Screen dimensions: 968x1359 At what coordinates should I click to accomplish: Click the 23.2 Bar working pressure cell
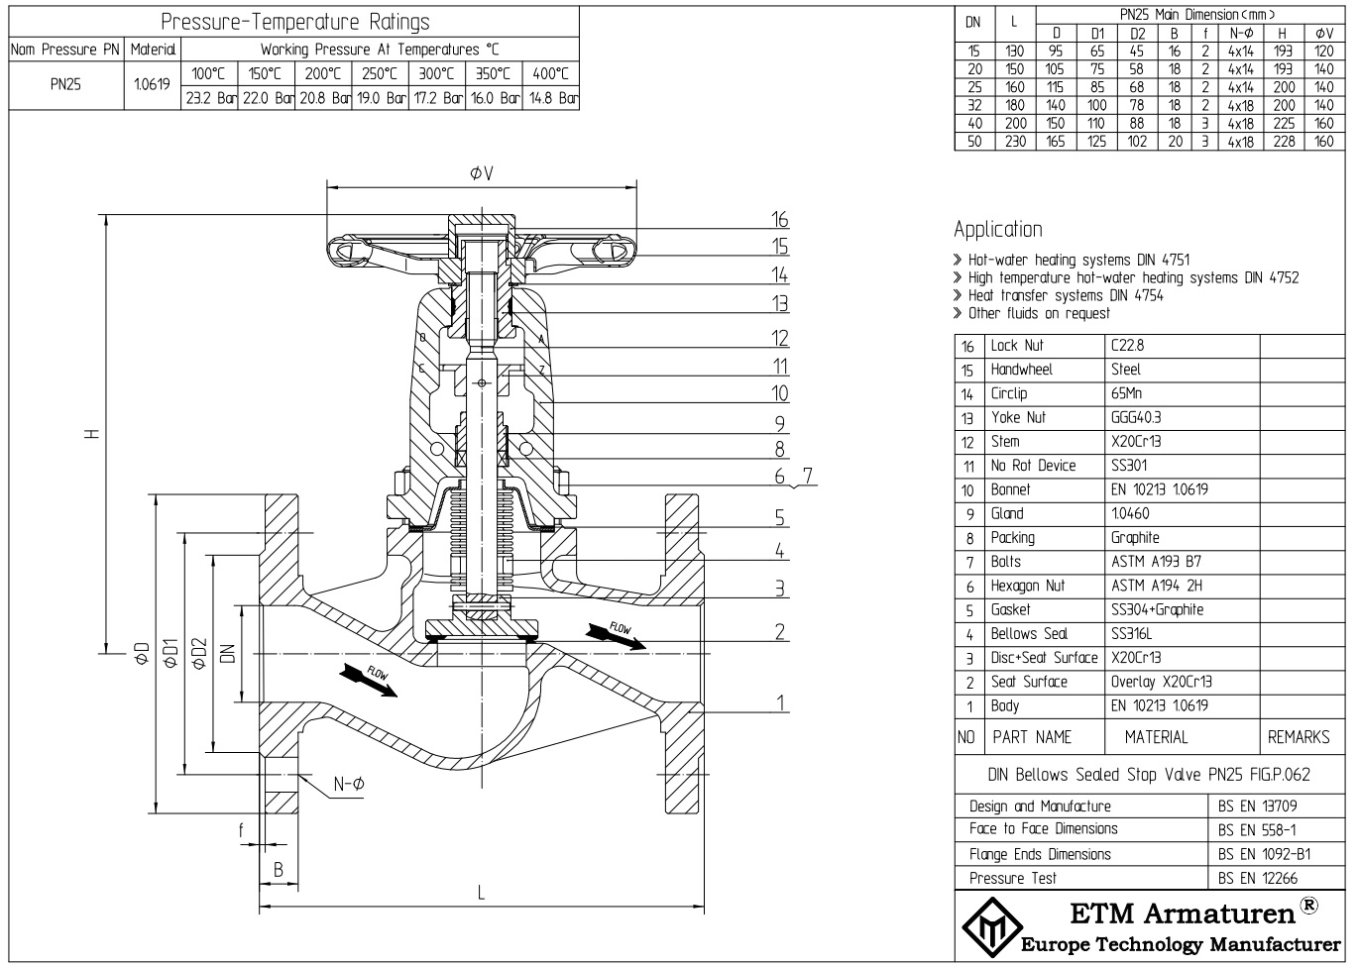(209, 98)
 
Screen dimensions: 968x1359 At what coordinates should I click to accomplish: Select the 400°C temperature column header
(550, 73)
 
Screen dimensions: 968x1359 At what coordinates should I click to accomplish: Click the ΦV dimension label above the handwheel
(482, 173)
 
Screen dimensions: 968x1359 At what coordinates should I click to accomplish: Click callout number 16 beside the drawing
(779, 220)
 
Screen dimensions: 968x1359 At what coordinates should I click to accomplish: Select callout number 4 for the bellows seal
(780, 551)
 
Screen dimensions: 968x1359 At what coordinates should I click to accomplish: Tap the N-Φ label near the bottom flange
(349, 784)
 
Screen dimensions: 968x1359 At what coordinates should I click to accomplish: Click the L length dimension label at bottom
(481, 894)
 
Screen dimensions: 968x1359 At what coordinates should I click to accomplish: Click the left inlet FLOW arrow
(368, 680)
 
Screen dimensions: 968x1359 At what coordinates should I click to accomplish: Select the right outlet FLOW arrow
(616, 635)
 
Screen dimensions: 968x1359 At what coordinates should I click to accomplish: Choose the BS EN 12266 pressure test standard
(1257, 878)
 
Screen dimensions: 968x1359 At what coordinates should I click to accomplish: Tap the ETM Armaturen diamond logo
(985, 927)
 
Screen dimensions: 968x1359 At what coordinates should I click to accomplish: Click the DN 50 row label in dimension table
(973, 142)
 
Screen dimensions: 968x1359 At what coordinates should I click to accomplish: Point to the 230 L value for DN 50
(1014, 142)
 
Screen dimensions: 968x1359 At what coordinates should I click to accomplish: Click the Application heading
(997, 230)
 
